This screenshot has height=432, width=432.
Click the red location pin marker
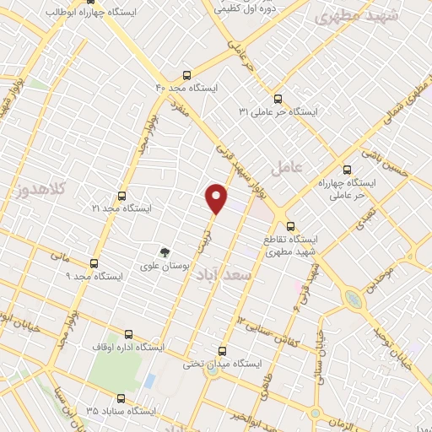tap(217, 197)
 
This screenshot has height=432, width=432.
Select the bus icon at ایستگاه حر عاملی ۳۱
tap(279, 98)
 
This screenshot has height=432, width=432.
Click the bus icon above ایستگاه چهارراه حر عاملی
tap(347, 168)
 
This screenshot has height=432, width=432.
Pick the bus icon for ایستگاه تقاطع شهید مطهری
tap(290, 225)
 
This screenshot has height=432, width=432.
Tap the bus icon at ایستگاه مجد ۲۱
tap(122, 196)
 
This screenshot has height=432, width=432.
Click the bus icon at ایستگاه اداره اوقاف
tap(127, 334)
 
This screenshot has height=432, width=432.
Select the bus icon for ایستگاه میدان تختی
tap(223, 350)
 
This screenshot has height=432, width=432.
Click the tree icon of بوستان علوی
tap(165, 251)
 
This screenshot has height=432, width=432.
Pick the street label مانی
tap(58, 253)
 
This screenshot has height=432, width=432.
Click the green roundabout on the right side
tap(354, 298)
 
